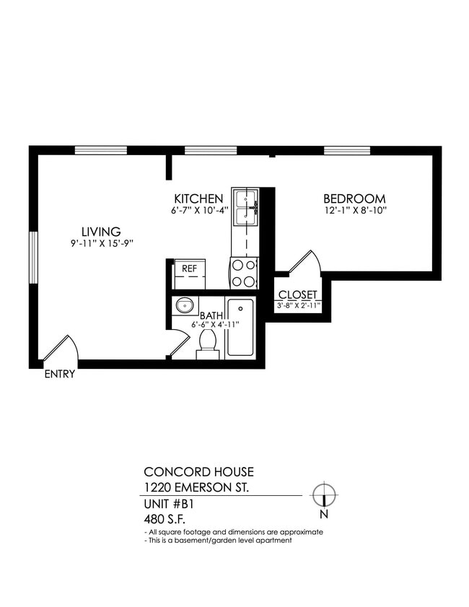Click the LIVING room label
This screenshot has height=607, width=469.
(x=100, y=232)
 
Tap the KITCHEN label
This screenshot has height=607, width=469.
(x=198, y=198)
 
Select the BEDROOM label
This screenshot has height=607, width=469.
(x=354, y=198)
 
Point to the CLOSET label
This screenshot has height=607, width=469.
(x=298, y=294)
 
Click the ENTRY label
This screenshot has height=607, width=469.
(x=60, y=375)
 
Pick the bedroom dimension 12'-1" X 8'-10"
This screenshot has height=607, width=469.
(x=356, y=211)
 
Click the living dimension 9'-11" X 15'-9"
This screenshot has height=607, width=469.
(x=102, y=243)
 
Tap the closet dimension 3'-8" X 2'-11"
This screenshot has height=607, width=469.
(x=298, y=305)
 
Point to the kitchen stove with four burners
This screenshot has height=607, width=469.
(x=244, y=273)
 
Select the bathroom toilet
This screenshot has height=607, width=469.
(x=207, y=341)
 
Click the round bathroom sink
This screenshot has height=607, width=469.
(x=185, y=305)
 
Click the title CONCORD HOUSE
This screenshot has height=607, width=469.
(x=199, y=473)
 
